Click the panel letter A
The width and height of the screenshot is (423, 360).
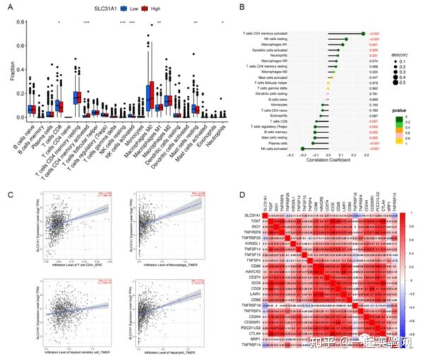click(10, 8)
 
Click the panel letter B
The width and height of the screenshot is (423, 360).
click(242, 8)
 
